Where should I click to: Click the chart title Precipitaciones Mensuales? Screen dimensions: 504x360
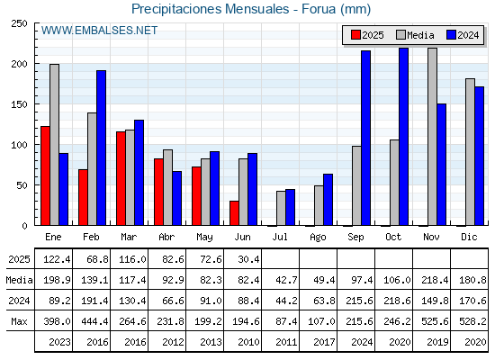(211, 9)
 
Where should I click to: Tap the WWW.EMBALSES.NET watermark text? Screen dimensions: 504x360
(99, 31)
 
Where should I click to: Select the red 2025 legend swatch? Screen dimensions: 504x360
(355, 35)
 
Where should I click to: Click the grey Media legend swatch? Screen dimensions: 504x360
(400, 35)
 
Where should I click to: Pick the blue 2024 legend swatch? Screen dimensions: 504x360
(451, 35)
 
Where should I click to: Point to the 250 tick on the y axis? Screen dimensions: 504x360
(19, 23)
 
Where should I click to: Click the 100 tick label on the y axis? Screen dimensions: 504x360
(19, 145)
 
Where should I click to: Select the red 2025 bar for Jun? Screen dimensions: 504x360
(234, 213)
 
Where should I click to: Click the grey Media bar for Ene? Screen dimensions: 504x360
(54, 145)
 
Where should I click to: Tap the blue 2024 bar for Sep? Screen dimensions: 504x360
(365, 138)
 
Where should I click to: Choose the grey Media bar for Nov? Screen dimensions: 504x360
(432, 137)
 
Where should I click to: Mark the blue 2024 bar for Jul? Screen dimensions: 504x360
(290, 207)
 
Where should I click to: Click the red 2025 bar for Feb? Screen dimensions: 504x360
(83, 197)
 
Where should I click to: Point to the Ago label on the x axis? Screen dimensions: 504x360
(318, 238)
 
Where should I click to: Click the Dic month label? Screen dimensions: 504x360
(469, 237)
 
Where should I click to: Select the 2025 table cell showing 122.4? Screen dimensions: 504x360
(57, 259)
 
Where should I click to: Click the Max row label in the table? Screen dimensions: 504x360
(19, 321)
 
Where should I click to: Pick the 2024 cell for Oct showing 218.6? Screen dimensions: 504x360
(397, 301)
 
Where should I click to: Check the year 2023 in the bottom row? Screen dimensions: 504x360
(59, 342)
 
